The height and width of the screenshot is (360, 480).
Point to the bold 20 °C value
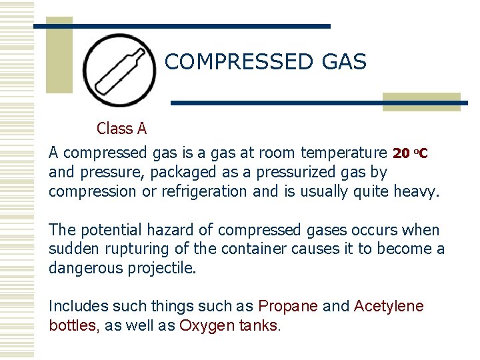click(410, 153)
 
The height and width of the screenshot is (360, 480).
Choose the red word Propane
click(287, 307)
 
